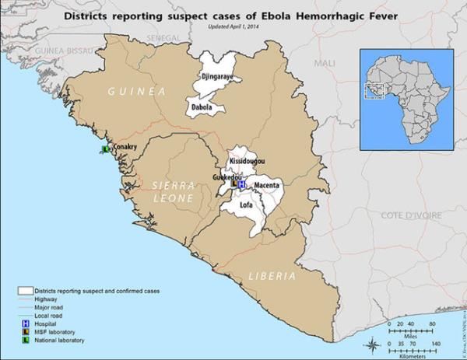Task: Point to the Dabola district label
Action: coord(202,107)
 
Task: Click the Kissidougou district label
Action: coord(247,161)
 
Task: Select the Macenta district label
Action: coord(267,186)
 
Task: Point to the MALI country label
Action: coord(325,61)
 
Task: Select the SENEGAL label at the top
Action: coord(161,37)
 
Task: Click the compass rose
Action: coord(374,343)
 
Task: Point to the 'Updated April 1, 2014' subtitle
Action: coord(240,26)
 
